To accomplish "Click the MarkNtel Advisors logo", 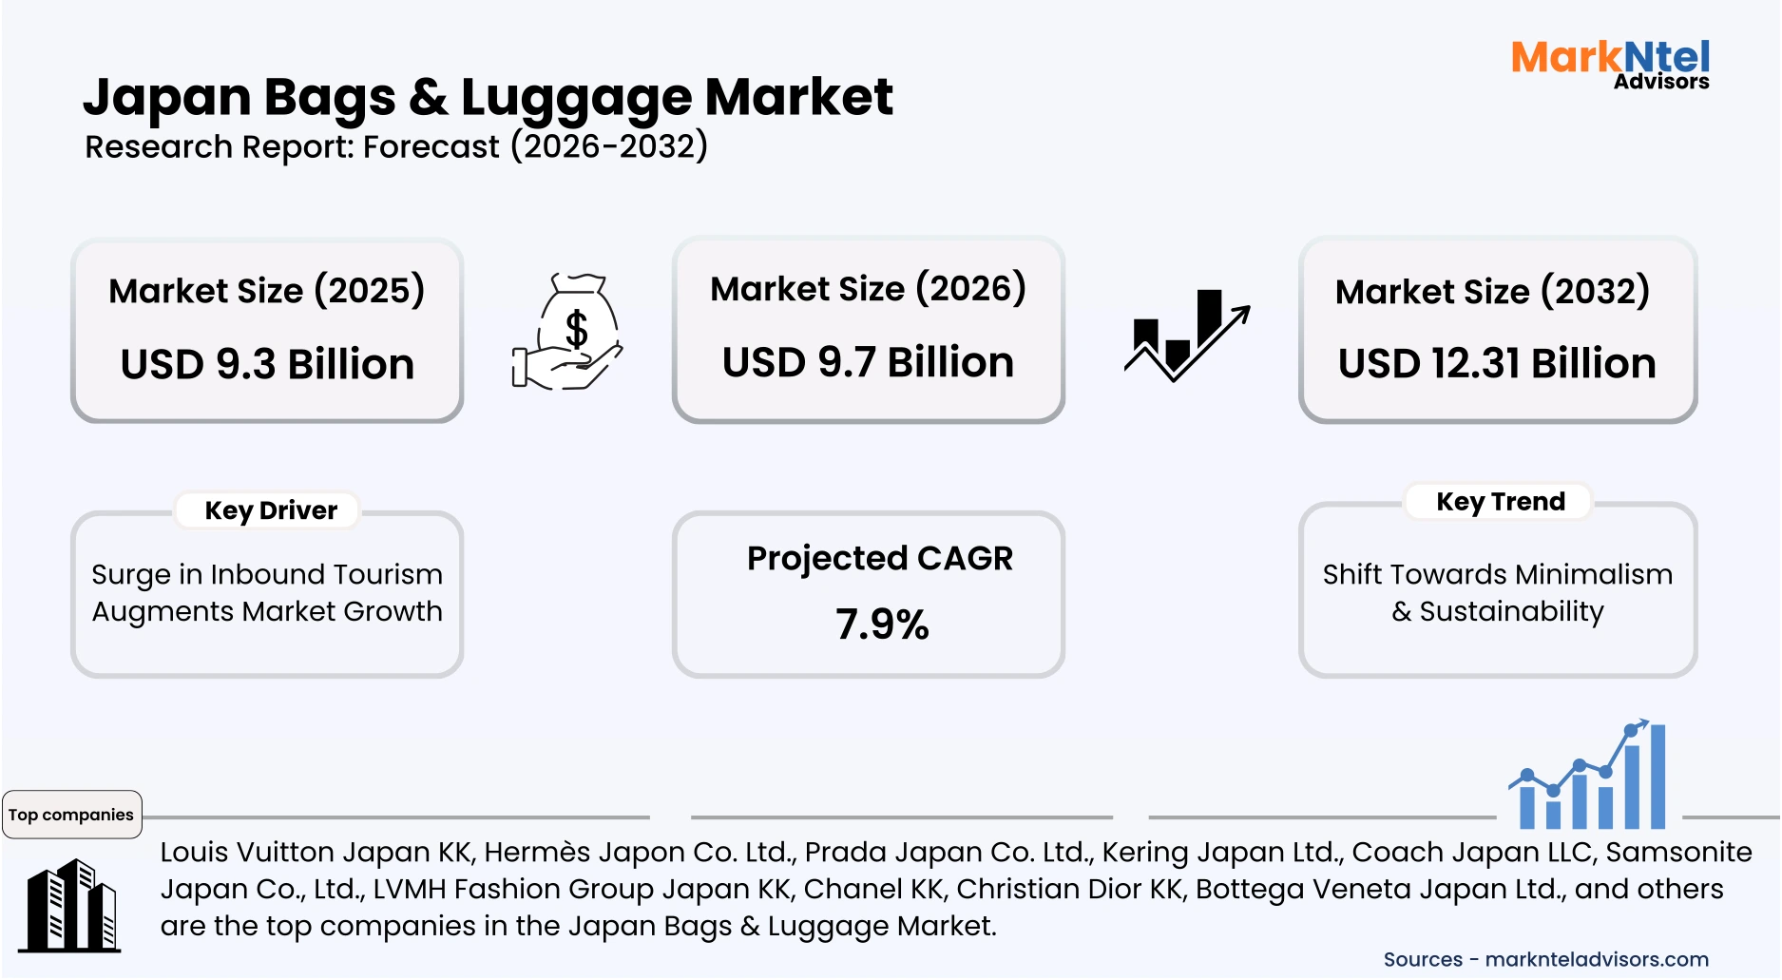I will [1610, 64].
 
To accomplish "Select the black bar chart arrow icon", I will [1186, 335].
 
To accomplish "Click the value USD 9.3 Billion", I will [267, 364].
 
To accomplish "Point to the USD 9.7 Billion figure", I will [868, 362].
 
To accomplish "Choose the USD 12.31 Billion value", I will [1497, 363].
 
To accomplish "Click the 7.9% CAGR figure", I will [882, 625].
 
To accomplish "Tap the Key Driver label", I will [271, 510].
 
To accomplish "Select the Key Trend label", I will [1500, 501].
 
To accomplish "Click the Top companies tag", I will [71, 815].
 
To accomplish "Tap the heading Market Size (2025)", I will [266, 290].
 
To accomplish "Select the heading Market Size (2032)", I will [1492, 291].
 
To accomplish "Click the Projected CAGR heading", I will [880, 558].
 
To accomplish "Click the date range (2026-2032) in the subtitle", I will [609, 146].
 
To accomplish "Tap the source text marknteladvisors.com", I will [1597, 959].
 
